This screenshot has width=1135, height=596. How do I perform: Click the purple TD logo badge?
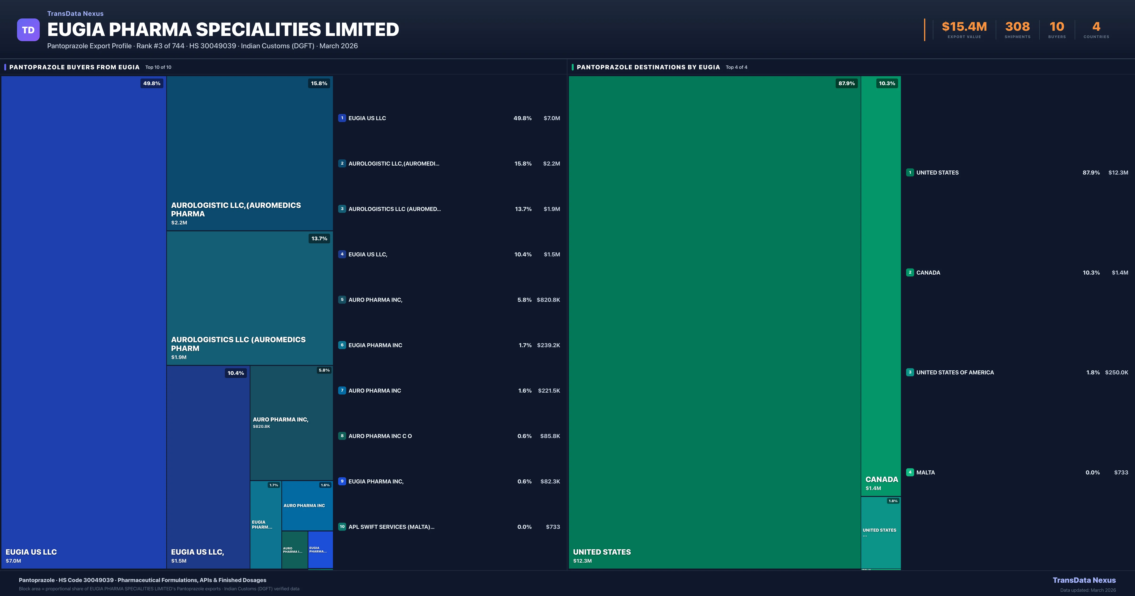[28, 30]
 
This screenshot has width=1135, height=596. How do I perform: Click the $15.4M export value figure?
[964, 27]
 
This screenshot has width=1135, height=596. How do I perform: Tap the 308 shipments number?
[1017, 27]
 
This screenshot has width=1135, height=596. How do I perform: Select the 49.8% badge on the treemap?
[152, 83]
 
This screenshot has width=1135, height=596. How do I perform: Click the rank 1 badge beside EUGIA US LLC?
[342, 118]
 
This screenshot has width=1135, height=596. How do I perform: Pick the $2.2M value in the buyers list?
[551, 164]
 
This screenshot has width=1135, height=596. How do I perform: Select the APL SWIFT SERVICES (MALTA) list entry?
[391, 527]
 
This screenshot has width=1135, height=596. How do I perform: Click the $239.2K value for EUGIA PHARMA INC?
[548, 345]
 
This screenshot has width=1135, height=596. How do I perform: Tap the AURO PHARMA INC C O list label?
[380, 436]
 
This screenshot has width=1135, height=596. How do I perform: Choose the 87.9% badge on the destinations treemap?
[846, 83]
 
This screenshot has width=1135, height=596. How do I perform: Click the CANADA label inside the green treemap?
[881, 479]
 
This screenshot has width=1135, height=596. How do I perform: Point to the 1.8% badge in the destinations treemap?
[893, 501]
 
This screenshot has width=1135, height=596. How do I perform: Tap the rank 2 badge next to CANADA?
[910, 272]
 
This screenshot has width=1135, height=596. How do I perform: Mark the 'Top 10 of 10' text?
[158, 67]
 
